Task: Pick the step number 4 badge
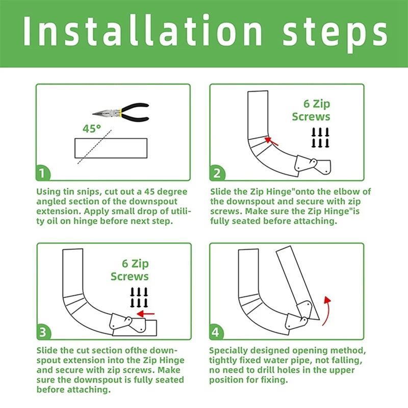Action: pos(218,332)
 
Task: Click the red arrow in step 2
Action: pos(271,140)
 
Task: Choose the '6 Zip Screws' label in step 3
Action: pos(130,270)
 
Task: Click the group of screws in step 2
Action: pos(319,137)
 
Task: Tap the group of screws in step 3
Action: pos(138,297)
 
